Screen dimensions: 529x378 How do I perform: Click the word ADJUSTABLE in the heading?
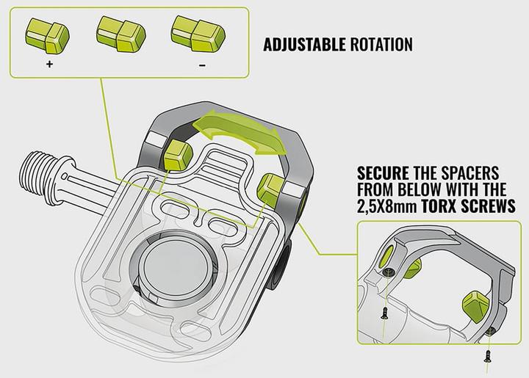(304, 45)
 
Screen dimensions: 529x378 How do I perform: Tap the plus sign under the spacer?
(50, 64)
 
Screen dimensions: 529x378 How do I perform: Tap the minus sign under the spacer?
(202, 65)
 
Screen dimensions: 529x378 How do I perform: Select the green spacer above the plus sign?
(47, 36)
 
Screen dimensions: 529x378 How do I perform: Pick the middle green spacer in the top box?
(121, 34)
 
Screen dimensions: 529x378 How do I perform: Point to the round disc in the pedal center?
(176, 267)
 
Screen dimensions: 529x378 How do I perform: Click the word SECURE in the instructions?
(383, 173)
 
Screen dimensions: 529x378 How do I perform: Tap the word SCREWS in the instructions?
(488, 206)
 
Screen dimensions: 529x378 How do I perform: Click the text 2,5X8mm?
(387, 206)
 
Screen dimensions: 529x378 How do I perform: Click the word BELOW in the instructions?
(420, 189)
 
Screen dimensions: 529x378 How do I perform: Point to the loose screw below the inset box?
(487, 356)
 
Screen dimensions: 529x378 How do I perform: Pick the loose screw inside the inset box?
(384, 313)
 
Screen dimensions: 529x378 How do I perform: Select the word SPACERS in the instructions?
(474, 173)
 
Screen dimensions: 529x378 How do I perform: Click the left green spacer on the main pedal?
(178, 155)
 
